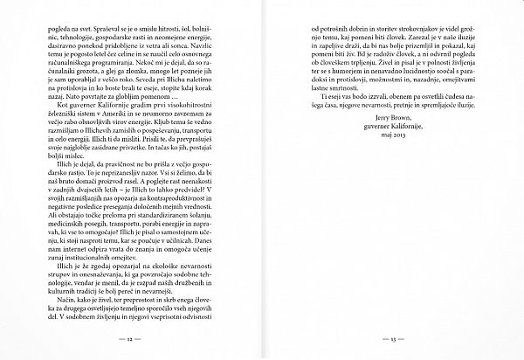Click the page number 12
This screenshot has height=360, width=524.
(129, 338)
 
